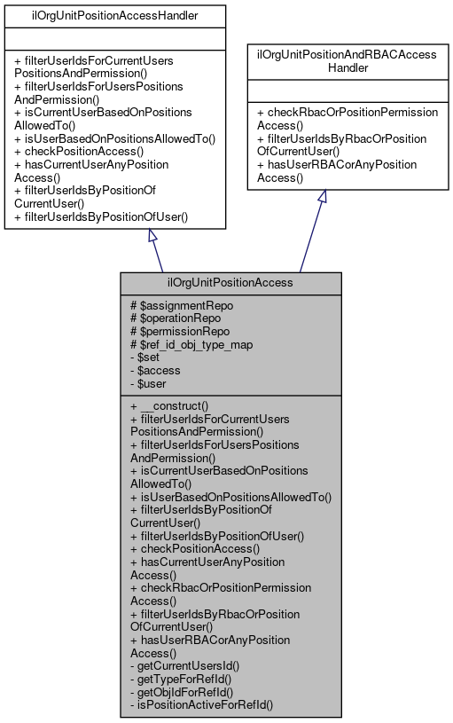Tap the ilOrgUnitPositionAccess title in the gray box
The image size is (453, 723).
click(x=230, y=284)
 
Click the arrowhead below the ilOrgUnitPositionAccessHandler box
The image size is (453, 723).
click(x=153, y=237)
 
